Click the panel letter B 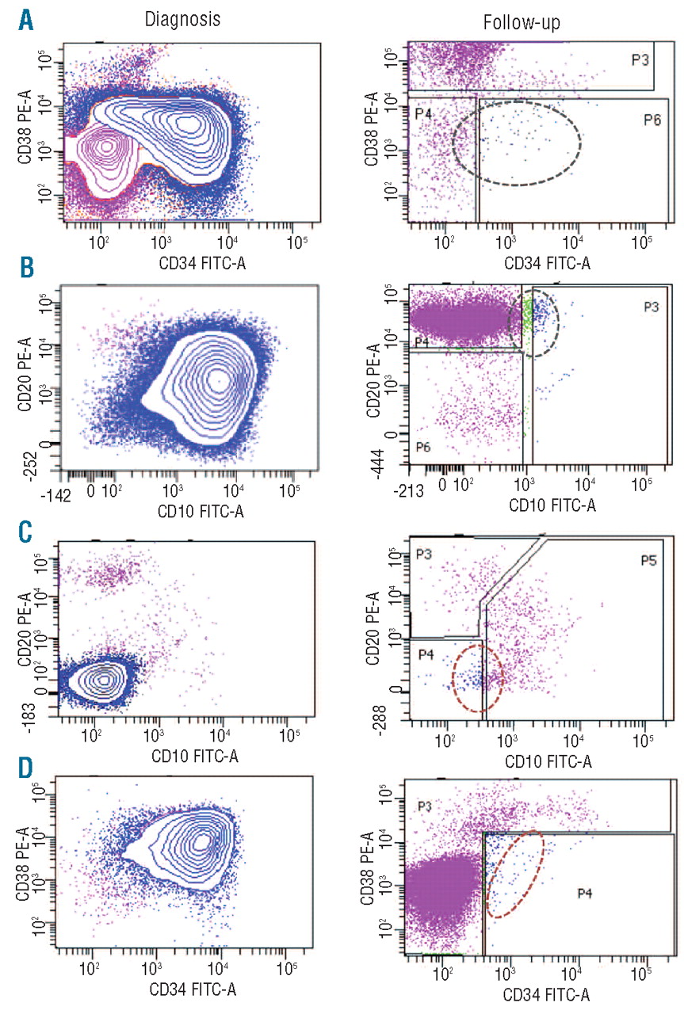click(26, 269)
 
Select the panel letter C click(25, 529)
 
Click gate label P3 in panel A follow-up click(640, 60)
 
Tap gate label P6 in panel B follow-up click(424, 448)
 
